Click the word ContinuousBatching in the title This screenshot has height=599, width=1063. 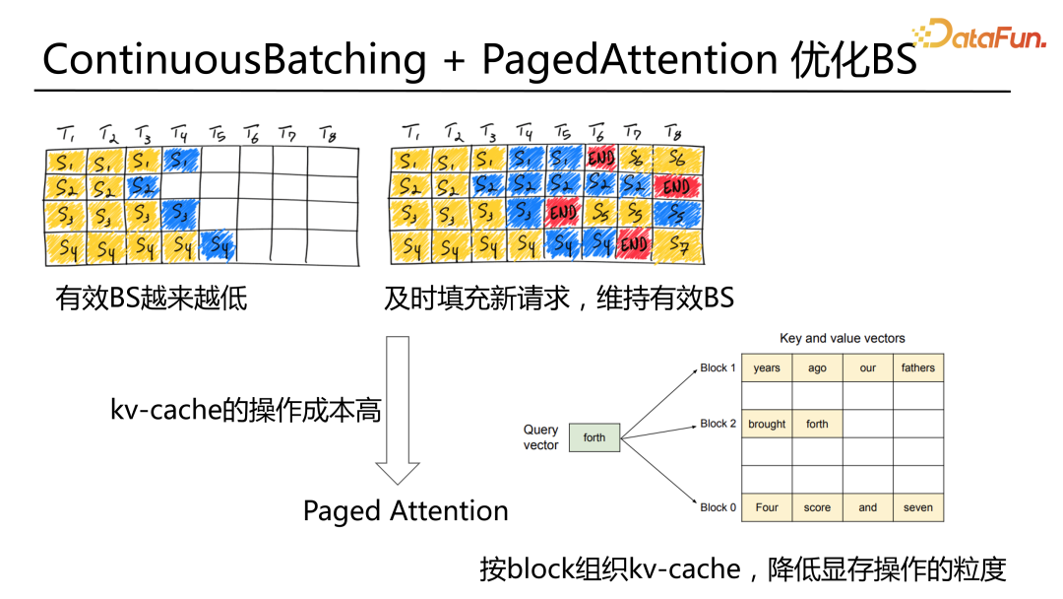pos(234,60)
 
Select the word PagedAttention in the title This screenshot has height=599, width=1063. pos(630,60)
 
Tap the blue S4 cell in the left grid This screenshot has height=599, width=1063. pos(219,248)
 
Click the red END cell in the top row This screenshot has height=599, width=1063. pos(600,158)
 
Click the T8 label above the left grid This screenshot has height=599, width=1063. pos(327,132)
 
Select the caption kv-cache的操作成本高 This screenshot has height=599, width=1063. pos(245,410)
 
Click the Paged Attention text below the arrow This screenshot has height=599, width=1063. pos(406,511)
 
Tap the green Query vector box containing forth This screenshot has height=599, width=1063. pos(594,437)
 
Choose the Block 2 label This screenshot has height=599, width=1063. pos(718,424)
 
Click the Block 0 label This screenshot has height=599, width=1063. pos(718,507)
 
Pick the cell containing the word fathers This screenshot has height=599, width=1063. pos(917,367)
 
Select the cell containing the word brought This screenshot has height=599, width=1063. pos(767,424)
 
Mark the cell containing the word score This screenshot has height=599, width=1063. pos(817,507)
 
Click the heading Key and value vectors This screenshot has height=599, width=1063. pos(842,338)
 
